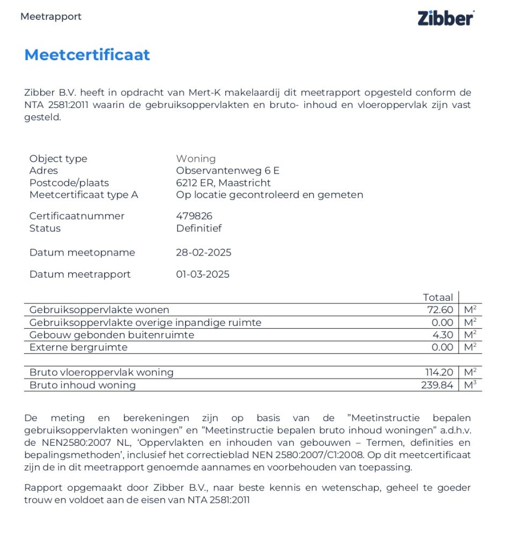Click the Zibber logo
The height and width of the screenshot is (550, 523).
445,18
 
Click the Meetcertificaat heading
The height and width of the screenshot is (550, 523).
87,55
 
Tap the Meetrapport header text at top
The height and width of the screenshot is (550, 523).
51,17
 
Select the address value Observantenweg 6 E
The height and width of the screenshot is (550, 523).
227,171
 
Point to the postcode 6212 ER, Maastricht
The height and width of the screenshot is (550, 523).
223,183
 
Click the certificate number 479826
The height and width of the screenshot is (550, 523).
194,216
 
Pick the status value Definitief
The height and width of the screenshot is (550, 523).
198,228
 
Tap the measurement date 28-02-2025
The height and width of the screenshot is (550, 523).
203,252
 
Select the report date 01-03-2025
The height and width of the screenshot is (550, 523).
202,274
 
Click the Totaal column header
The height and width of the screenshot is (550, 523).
438,298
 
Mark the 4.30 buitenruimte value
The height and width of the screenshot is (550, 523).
443,335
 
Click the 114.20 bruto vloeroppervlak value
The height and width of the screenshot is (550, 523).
438,373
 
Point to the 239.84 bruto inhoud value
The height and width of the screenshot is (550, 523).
437,385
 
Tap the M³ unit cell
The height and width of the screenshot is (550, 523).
470,385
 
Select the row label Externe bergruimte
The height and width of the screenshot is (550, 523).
78,348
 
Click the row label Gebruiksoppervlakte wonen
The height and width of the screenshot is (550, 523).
99,310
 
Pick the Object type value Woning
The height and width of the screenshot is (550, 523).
196,158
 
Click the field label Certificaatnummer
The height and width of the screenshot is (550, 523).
77,216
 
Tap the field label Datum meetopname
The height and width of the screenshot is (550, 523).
82,252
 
